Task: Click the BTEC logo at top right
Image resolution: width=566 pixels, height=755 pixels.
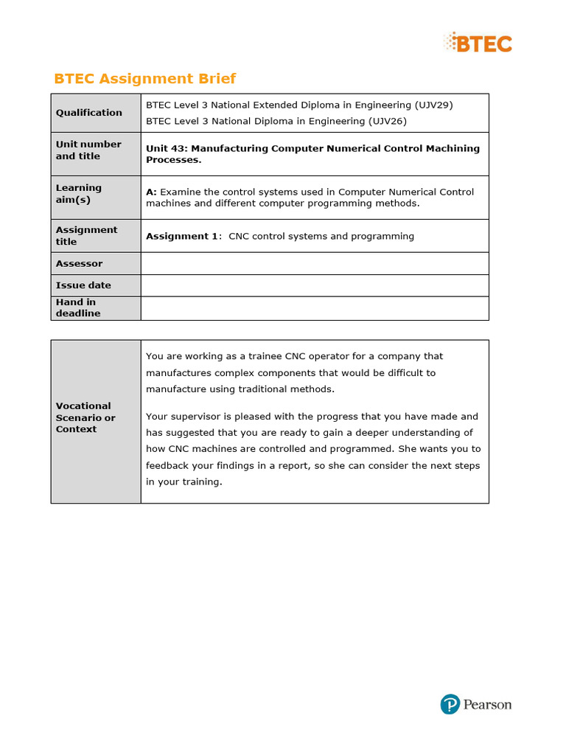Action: click(478, 43)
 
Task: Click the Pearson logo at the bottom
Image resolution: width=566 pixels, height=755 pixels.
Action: click(475, 704)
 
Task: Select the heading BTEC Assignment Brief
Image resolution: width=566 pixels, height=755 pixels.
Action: click(145, 79)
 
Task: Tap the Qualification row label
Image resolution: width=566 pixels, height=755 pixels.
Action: click(89, 113)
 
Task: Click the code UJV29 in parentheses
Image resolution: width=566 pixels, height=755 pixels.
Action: click(433, 105)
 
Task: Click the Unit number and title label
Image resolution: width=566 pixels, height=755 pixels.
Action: click(88, 150)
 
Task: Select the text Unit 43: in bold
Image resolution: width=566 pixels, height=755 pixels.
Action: click(167, 148)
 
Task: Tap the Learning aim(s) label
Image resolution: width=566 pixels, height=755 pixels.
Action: click(79, 194)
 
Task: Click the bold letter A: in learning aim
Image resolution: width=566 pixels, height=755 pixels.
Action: click(151, 192)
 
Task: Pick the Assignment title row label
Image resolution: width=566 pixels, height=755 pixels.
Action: click(86, 235)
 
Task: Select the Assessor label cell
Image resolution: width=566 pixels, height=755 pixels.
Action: click(79, 263)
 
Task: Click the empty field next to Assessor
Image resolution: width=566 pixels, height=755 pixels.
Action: click(315, 263)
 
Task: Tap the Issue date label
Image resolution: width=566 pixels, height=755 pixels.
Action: click(83, 285)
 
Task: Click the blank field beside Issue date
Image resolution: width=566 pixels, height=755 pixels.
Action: click(315, 285)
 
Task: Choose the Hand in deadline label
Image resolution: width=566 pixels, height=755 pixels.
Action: click(78, 307)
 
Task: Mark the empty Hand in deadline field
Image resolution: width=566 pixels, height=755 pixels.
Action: click(315, 308)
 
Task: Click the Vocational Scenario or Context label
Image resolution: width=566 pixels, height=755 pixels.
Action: click(85, 417)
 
